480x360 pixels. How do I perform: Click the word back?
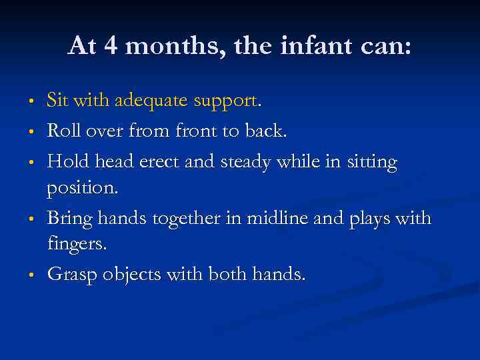click(265, 131)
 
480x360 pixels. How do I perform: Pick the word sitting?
click(369, 162)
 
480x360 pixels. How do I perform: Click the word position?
click(82, 189)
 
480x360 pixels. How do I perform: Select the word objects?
click(129, 275)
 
